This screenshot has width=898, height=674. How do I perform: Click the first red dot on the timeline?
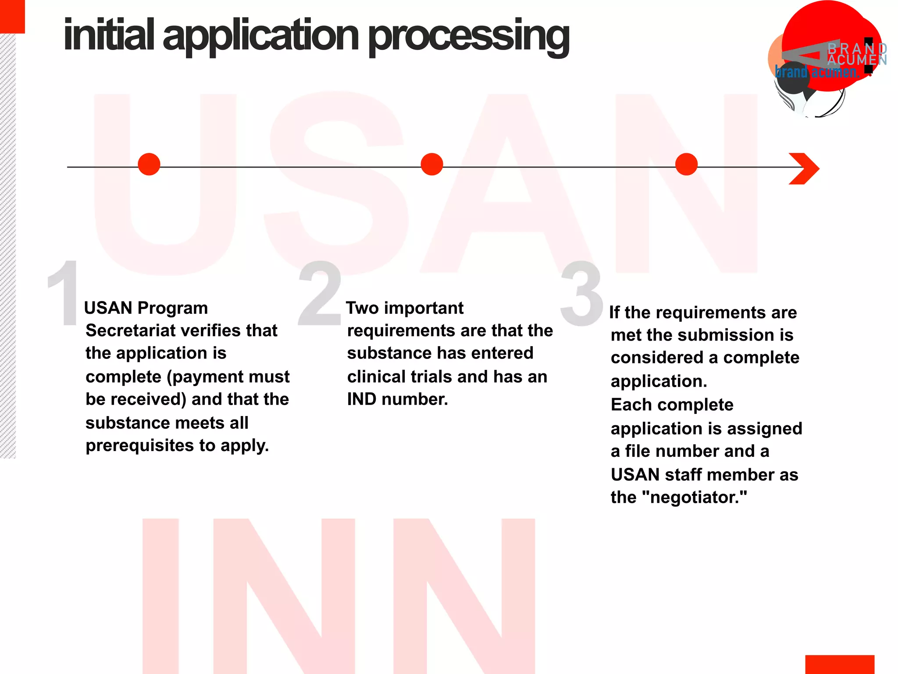coord(149,165)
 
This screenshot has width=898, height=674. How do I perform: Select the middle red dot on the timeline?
coord(432,165)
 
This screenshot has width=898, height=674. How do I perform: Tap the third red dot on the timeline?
coord(687,165)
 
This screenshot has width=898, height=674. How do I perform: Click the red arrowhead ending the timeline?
coord(805,168)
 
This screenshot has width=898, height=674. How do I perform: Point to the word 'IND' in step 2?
coord(362,399)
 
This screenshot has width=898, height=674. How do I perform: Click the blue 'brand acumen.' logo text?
coord(816,72)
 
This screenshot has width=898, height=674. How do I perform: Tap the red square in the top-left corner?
coord(12,16)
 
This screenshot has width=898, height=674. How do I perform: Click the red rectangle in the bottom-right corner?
coord(839,664)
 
